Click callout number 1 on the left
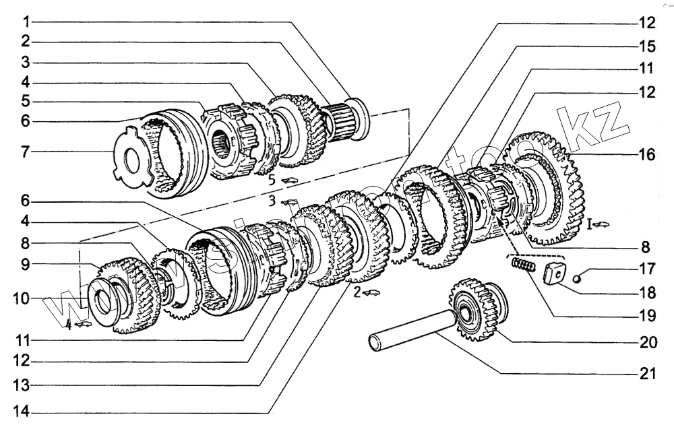pos(25,21)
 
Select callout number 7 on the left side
pos(25,152)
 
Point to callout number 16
pos(647,155)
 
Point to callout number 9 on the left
pos(25,265)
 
